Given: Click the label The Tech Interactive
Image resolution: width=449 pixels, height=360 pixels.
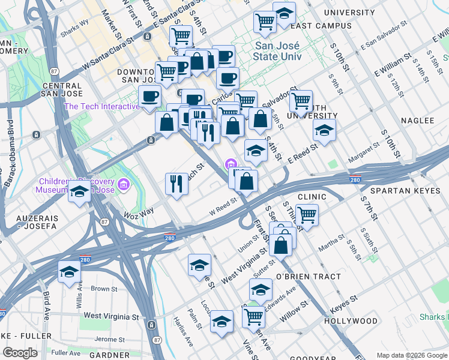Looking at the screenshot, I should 102,107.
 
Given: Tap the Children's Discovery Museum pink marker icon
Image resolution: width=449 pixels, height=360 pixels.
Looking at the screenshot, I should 124,183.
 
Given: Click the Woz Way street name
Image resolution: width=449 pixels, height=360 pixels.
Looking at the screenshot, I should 139,211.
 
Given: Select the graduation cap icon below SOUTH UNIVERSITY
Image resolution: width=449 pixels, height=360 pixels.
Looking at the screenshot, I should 324,130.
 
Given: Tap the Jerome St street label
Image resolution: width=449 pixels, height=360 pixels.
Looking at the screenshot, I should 110,340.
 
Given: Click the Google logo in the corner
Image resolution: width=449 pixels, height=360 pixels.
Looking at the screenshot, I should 20,353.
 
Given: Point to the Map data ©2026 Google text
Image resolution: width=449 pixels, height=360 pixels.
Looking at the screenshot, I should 412,355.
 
